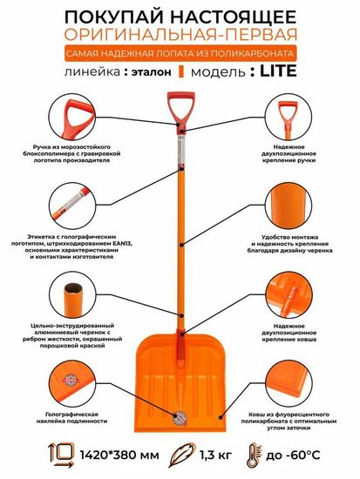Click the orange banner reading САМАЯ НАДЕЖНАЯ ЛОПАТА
tap(180, 54)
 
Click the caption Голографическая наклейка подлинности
tap(76, 417)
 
